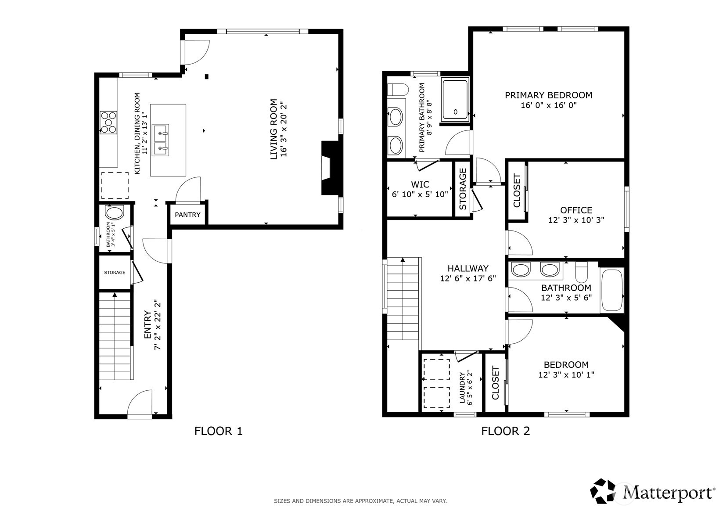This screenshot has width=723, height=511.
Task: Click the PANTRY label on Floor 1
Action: (x=187, y=215)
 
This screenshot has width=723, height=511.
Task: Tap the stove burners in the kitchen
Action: (x=108, y=122)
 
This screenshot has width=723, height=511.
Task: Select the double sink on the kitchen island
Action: (x=160, y=140)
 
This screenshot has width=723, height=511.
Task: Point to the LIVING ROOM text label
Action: (x=274, y=129)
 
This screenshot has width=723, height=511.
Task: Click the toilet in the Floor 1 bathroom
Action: (x=115, y=213)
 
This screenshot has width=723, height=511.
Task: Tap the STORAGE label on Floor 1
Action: (x=115, y=273)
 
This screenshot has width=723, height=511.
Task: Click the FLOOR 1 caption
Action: (x=218, y=431)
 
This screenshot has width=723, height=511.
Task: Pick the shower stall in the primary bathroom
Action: (x=456, y=100)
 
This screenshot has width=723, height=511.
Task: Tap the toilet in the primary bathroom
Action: (x=398, y=90)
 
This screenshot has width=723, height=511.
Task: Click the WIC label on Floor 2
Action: (x=420, y=184)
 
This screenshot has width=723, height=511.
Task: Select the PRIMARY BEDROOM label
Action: (x=548, y=95)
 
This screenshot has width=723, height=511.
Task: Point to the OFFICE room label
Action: (x=576, y=210)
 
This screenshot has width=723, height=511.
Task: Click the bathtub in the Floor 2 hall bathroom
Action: (x=611, y=290)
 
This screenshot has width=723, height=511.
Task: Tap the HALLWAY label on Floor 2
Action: (x=468, y=268)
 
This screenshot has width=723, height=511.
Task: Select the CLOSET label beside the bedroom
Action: (x=496, y=383)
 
